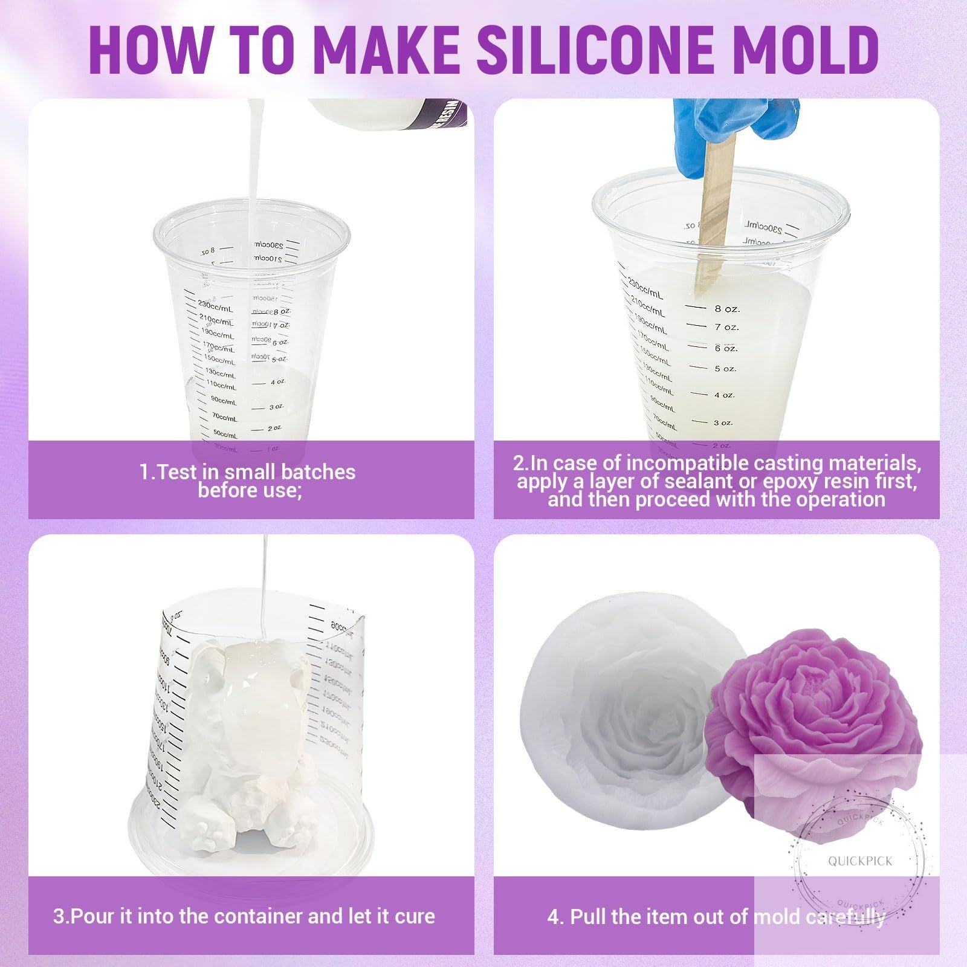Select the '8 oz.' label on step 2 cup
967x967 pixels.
[726, 308]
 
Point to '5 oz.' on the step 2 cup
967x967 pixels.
[725, 369]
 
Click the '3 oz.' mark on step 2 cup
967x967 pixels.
[723, 422]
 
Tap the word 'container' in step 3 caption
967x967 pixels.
[260, 916]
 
